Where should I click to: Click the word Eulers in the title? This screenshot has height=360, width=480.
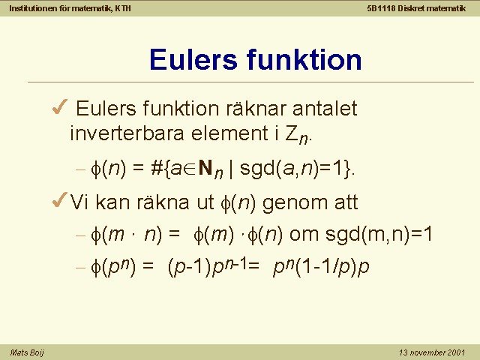pyautogui.click(x=193, y=59)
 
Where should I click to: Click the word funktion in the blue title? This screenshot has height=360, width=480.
pyautogui.click(x=304, y=59)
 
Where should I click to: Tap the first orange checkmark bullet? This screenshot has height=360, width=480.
pyautogui.click(x=60, y=106)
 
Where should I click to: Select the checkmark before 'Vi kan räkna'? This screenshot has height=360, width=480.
pyautogui.click(x=60, y=200)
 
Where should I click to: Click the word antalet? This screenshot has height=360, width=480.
pyautogui.click(x=325, y=108)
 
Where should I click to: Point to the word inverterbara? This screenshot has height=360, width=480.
pyautogui.click(x=127, y=133)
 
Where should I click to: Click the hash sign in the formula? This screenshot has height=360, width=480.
pyautogui.click(x=157, y=168)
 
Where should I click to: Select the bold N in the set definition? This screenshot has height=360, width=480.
pyautogui.click(x=205, y=168)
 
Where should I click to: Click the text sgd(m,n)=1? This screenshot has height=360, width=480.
pyautogui.click(x=379, y=235)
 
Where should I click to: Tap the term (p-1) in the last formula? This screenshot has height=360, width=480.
pyautogui.click(x=190, y=267)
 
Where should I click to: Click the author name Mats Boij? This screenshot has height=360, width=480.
pyautogui.click(x=27, y=352)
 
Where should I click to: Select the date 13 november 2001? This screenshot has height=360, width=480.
pyautogui.click(x=432, y=352)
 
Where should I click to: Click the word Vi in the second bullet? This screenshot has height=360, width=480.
pyautogui.click(x=79, y=202)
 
